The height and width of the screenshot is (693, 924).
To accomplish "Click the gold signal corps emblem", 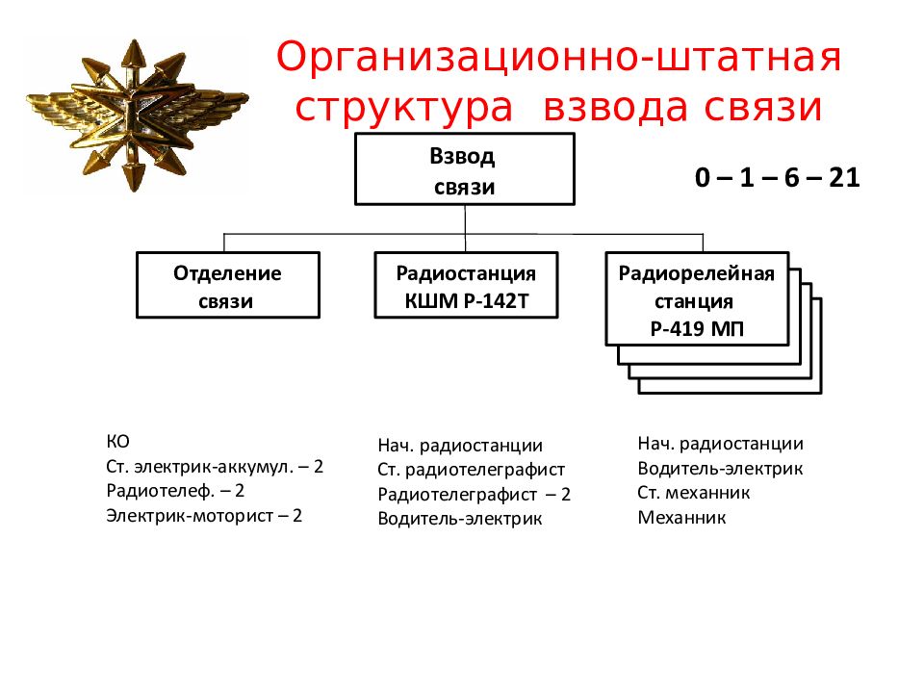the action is coord(137,114).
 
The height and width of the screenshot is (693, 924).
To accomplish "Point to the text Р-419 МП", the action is coord(697,328).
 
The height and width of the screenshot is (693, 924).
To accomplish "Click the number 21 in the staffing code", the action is coord(844,177).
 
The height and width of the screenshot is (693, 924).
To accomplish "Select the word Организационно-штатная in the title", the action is coord(558,57).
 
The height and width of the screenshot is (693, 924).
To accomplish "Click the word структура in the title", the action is coord(403,107).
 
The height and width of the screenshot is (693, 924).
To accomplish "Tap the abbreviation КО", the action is coord(117,442).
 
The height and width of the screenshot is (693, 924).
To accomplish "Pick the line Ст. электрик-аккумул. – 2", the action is coord(215,467).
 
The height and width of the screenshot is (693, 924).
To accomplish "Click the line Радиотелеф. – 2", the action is coord(175,491).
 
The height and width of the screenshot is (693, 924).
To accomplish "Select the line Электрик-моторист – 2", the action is coord(204,516).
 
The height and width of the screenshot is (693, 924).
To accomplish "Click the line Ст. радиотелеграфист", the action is coord(471,470).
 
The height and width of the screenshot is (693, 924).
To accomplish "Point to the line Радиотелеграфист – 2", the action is coord(474,495).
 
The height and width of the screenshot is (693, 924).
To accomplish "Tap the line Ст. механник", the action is coord(693,493).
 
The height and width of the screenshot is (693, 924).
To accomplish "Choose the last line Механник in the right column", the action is coord(681,518).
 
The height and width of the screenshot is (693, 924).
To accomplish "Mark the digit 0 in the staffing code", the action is coord(703,177).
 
